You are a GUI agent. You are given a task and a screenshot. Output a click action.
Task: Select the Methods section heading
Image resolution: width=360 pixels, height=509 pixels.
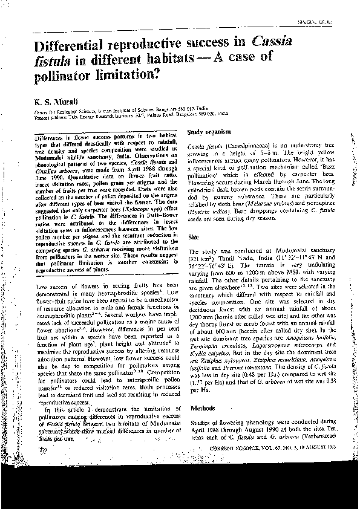(x=201, y=427)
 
